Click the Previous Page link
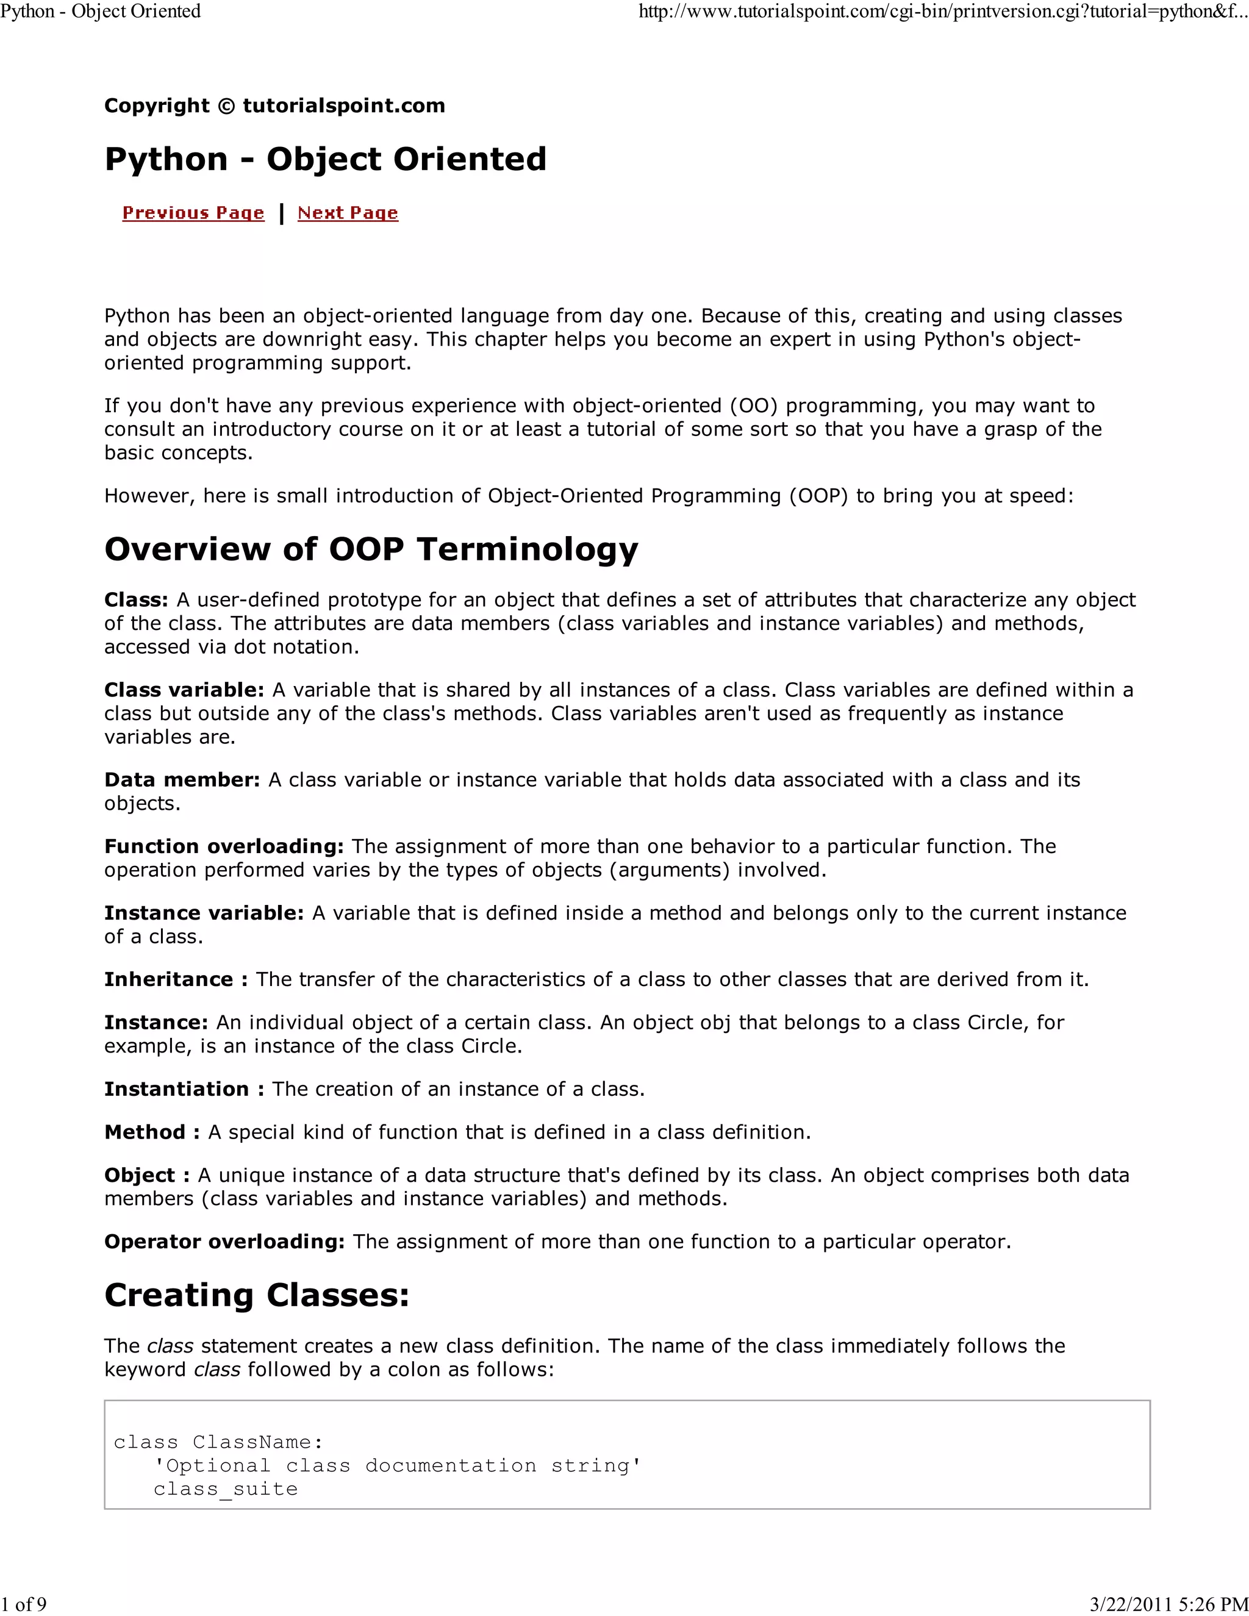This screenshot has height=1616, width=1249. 193,213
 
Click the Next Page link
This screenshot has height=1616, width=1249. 348,213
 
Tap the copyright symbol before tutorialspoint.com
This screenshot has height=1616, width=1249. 226,106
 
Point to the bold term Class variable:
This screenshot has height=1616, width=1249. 184,690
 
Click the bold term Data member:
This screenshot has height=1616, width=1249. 181,780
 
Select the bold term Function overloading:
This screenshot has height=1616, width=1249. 223,846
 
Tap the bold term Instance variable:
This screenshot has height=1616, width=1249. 204,913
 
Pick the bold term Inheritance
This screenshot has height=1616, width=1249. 169,980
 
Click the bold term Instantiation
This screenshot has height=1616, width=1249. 177,1089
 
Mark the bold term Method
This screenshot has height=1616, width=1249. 145,1132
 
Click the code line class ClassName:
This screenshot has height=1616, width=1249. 218,1442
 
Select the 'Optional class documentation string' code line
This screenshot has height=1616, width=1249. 398,1466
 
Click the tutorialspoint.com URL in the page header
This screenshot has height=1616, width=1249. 943,12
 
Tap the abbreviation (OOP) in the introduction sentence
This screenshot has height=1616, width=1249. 818,496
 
